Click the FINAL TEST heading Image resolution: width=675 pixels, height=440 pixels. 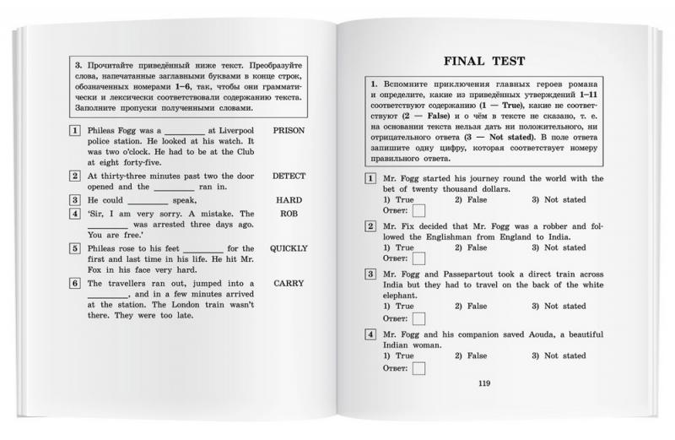pos(483,61)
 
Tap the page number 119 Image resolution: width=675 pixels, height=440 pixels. pos(483,385)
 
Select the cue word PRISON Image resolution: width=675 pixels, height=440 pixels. pos(289,132)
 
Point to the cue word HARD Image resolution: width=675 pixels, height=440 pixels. pos(289,200)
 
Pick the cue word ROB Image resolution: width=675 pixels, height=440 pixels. pos(289,215)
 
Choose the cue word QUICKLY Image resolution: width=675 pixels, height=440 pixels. pos(289,249)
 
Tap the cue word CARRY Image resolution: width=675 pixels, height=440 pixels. pos(289,284)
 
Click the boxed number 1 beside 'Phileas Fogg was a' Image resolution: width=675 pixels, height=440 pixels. pos(75,132)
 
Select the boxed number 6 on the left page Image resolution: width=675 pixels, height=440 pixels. pos(75,284)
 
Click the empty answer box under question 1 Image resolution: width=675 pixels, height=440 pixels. pos(417,212)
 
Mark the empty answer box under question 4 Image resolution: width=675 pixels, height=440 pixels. pos(417,367)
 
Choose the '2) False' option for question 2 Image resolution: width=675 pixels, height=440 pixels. pos(471,248)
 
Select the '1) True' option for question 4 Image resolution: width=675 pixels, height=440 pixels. pos(398,356)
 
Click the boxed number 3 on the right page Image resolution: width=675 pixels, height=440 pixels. pos(370,274)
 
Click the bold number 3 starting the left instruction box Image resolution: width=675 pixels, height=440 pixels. pos(78,63)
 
